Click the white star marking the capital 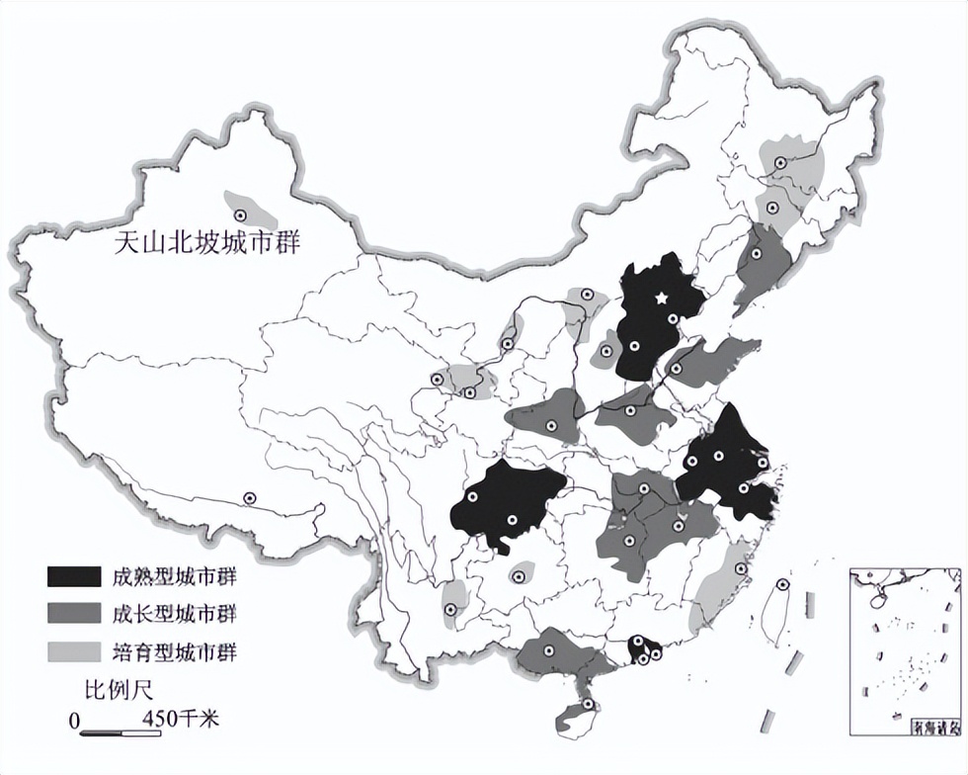pos(661,297)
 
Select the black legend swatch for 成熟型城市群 pos(73,576)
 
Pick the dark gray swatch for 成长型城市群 pos(73,614)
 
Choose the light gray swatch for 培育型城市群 pos(73,651)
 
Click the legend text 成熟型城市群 pos(174,576)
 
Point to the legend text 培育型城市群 pos(174,651)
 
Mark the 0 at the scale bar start pos(74,722)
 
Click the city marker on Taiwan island pos(783,584)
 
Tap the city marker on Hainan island pos(589,705)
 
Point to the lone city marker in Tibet pos(251,498)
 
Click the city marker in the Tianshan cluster pos(242,212)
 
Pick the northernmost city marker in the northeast pos(780,162)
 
